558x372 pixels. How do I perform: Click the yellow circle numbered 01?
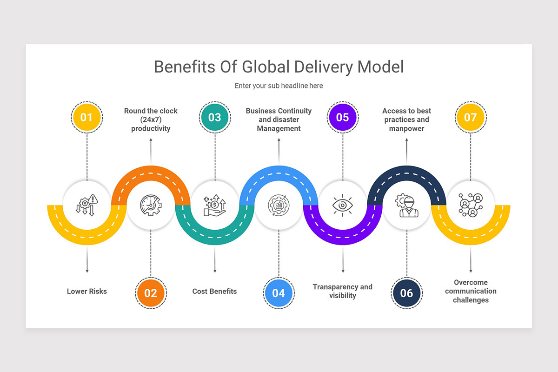click(x=87, y=117)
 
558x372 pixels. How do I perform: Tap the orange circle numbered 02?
click(x=151, y=293)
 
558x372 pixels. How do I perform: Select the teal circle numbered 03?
click(x=214, y=117)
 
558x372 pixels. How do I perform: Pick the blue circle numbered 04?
click(x=279, y=293)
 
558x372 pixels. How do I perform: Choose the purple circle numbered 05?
click(x=342, y=117)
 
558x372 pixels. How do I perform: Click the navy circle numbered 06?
click(x=406, y=293)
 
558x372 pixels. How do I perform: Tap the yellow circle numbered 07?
click(x=470, y=117)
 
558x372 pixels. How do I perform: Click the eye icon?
click(x=343, y=205)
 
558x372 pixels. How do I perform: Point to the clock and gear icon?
click(x=151, y=205)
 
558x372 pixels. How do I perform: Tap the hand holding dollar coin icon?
click(x=214, y=206)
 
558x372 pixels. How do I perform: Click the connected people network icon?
click(x=470, y=205)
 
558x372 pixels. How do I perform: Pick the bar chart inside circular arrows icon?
click(x=279, y=205)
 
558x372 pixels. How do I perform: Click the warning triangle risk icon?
click(x=87, y=205)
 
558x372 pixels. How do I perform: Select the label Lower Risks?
click(x=87, y=292)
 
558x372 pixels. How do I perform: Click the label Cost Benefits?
click(x=214, y=292)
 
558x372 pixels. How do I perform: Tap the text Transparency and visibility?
click(x=343, y=291)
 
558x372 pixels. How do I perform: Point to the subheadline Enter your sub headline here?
click(x=279, y=86)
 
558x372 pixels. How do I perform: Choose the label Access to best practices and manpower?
click(x=406, y=120)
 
